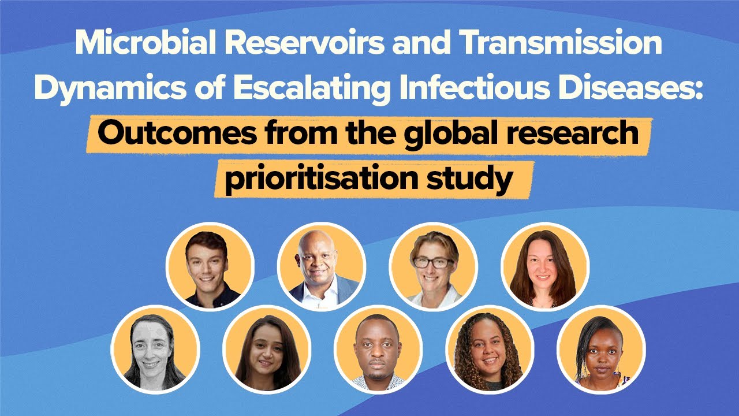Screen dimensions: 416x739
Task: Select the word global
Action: pos(450,134)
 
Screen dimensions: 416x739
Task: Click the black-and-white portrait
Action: pos(155,350)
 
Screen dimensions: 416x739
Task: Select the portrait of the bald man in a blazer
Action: pos(322,266)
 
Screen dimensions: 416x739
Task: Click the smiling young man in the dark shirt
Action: pos(210,266)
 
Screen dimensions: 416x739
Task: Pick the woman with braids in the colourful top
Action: pos(601,350)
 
